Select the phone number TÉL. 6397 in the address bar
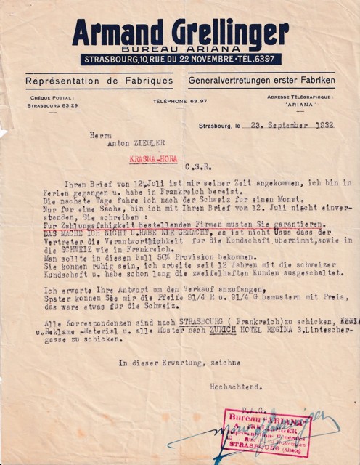coord(256,57)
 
